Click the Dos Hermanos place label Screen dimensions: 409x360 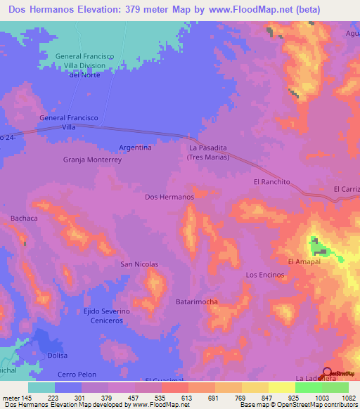coord(169,197)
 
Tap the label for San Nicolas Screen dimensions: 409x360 coord(139,264)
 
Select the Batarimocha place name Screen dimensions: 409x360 coord(196,301)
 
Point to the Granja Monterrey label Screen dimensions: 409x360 coord(93,160)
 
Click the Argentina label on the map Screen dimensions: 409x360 coord(135,148)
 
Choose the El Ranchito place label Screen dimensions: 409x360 coord(271,181)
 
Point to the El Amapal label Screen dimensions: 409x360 coord(304,261)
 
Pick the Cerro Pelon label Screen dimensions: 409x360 coord(76,373)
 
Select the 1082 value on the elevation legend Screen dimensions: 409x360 coord(347,397)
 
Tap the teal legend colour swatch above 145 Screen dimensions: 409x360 coord(41,387)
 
